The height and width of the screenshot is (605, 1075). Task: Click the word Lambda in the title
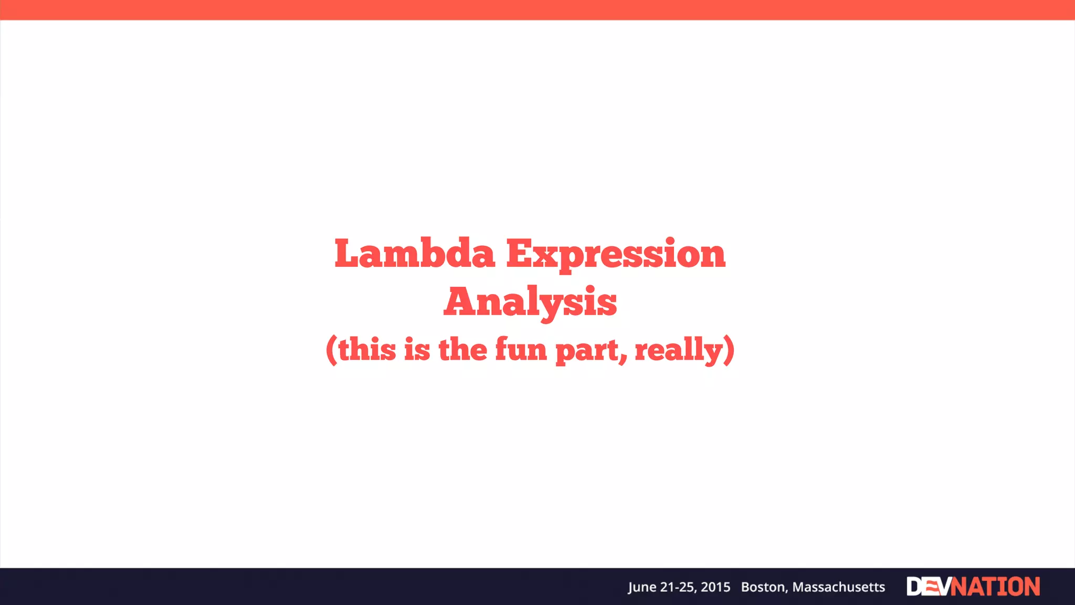(415, 254)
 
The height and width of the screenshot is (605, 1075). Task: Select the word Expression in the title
(615, 255)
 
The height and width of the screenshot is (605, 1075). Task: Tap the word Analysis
(530, 302)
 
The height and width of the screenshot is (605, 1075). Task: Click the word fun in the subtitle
(521, 349)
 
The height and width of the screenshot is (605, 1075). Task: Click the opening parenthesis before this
(331, 350)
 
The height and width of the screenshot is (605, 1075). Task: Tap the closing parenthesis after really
(729, 350)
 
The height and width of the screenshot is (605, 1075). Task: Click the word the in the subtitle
(462, 349)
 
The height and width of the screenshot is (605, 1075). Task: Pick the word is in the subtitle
(417, 349)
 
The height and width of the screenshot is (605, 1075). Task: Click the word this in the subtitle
(367, 349)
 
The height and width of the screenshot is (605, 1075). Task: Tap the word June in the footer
(641, 587)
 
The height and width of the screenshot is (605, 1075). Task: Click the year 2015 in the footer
(715, 587)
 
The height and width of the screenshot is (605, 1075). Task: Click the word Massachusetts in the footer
(838, 587)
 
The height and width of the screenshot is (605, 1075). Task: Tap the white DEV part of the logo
(928, 587)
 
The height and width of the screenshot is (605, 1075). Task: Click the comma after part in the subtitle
(623, 360)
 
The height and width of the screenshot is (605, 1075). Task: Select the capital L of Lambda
(349, 254)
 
